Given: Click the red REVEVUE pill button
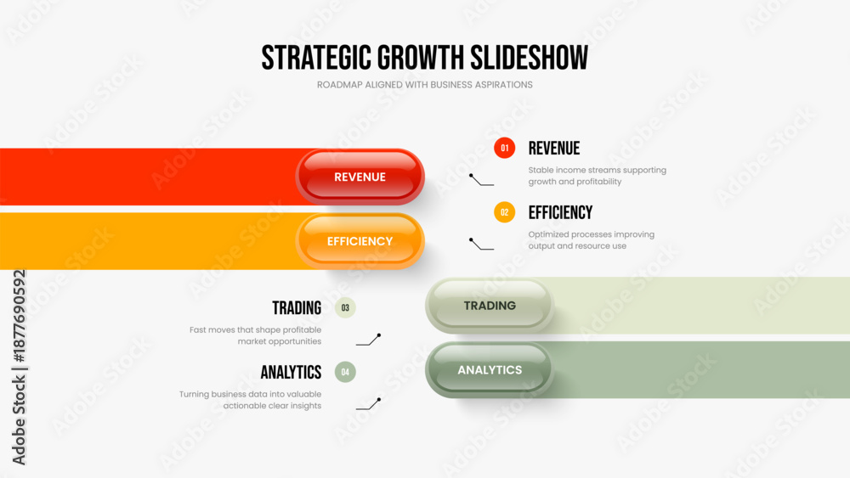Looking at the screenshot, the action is pos(360,177).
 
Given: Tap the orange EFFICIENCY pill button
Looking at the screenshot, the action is pos(360,241).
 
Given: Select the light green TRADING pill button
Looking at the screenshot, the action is pos(490,306).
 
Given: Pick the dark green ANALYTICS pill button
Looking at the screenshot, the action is pos(490,369).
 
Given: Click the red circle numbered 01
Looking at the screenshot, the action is pos(504,148).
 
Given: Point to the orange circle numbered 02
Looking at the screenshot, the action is pos(504,212).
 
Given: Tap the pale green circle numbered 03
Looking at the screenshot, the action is pos(345,307).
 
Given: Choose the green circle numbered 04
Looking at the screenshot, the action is pos(345,372).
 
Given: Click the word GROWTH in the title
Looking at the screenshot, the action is pos(421,58).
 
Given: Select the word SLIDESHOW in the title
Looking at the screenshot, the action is pos(529,58).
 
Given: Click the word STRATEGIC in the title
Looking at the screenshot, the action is pos(316,58).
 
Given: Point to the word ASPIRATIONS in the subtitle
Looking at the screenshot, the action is pos(502,84).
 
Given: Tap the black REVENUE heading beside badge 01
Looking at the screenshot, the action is pos(554,149).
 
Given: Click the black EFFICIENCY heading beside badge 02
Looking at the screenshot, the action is pos(560,213).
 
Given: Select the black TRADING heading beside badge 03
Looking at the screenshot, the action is pos(297,308).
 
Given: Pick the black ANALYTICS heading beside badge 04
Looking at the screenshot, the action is pos(291,373).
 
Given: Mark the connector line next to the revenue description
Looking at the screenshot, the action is pos(481,180).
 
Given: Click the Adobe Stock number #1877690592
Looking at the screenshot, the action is pos(19,316).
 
